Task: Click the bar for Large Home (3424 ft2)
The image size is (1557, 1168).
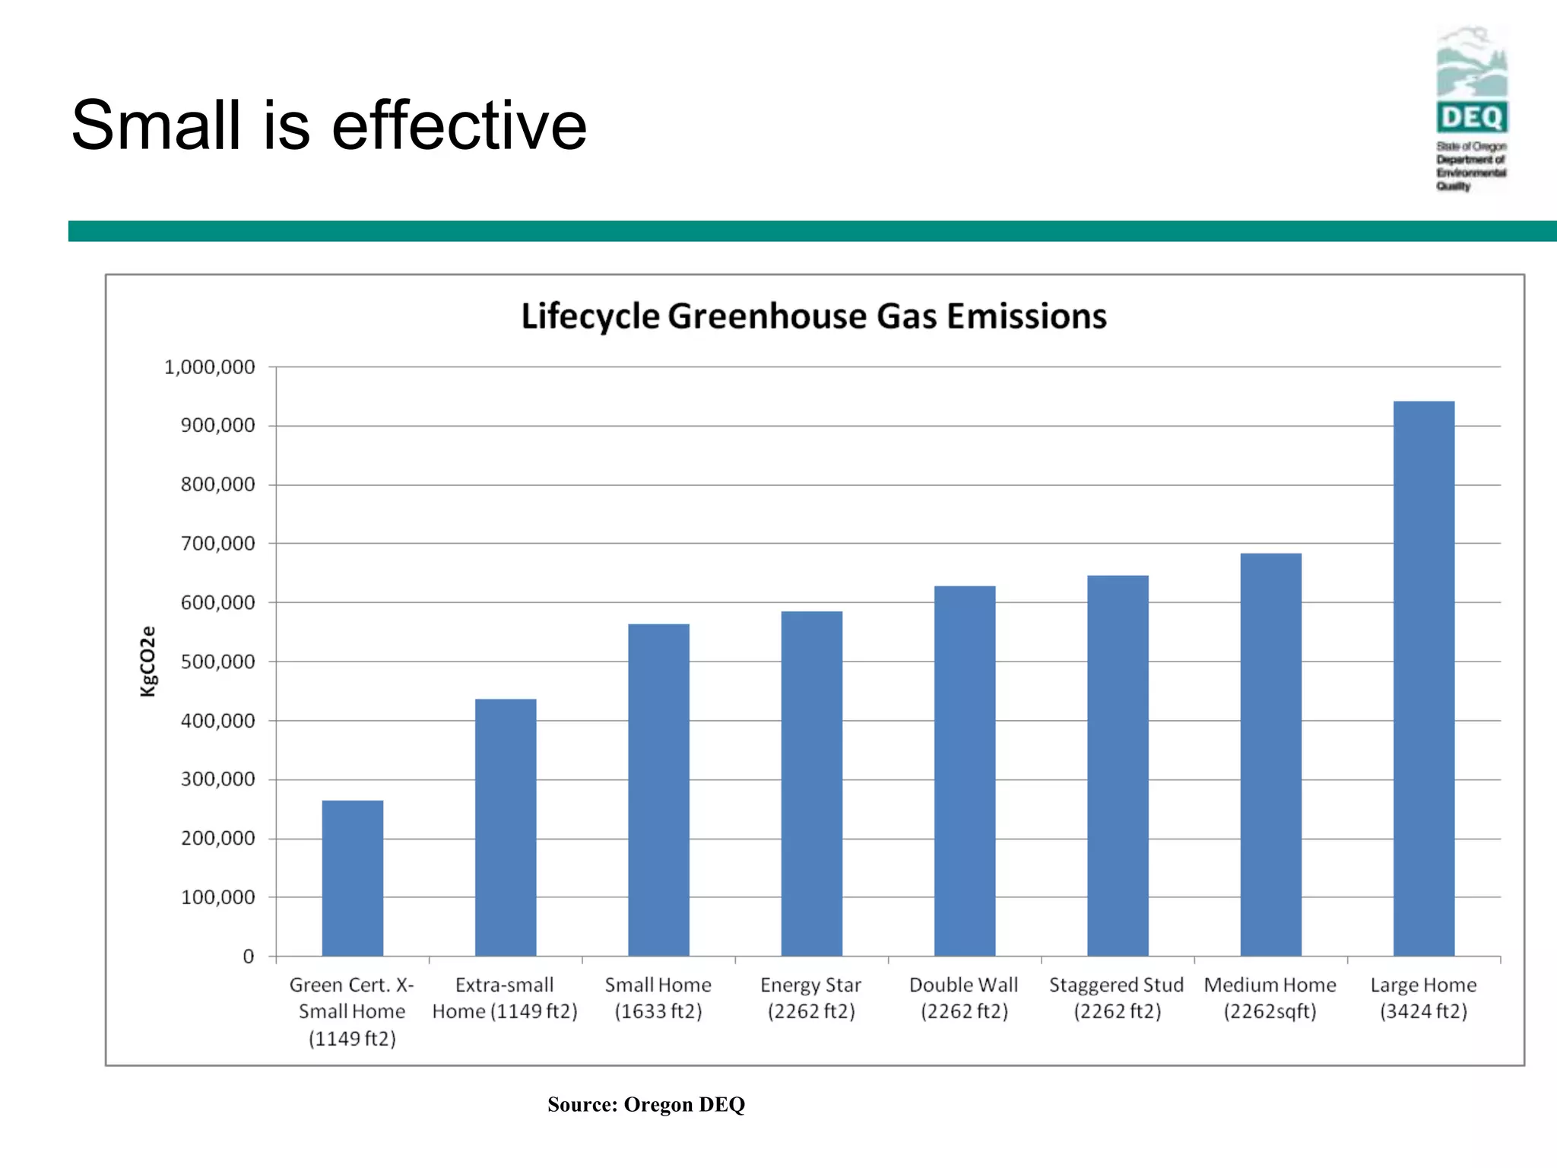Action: pos(1423,678)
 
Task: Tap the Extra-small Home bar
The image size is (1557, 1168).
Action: pos(506,827)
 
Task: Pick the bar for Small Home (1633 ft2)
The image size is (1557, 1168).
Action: pos(658,789)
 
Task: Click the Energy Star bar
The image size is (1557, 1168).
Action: pos(811,783)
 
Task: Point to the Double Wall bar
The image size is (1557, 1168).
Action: pos(964,770)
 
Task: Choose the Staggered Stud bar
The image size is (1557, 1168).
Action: pos(1118,765)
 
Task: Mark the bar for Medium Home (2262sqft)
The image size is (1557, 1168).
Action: pos(1270,754)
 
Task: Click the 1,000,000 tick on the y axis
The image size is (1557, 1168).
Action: pos(209,367)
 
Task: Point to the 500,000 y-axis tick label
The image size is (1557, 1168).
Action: pos(217,662)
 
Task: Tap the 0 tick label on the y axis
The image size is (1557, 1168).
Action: pos(248,957)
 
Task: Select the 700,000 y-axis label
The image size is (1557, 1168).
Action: pos(217,544)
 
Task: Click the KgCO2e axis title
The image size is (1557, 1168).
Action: pos(148,661)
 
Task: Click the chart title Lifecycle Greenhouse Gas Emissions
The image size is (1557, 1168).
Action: pos(813,316)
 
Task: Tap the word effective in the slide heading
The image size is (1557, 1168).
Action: pos(458,125)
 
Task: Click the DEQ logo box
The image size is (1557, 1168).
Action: pos(1472,118)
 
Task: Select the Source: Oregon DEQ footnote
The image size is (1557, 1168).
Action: pos(645,1104)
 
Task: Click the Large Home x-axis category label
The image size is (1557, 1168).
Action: pos(1423,998)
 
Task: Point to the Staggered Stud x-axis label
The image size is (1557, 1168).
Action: pos(1117,998)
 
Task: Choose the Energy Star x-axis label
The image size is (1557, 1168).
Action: pos(810,998)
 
